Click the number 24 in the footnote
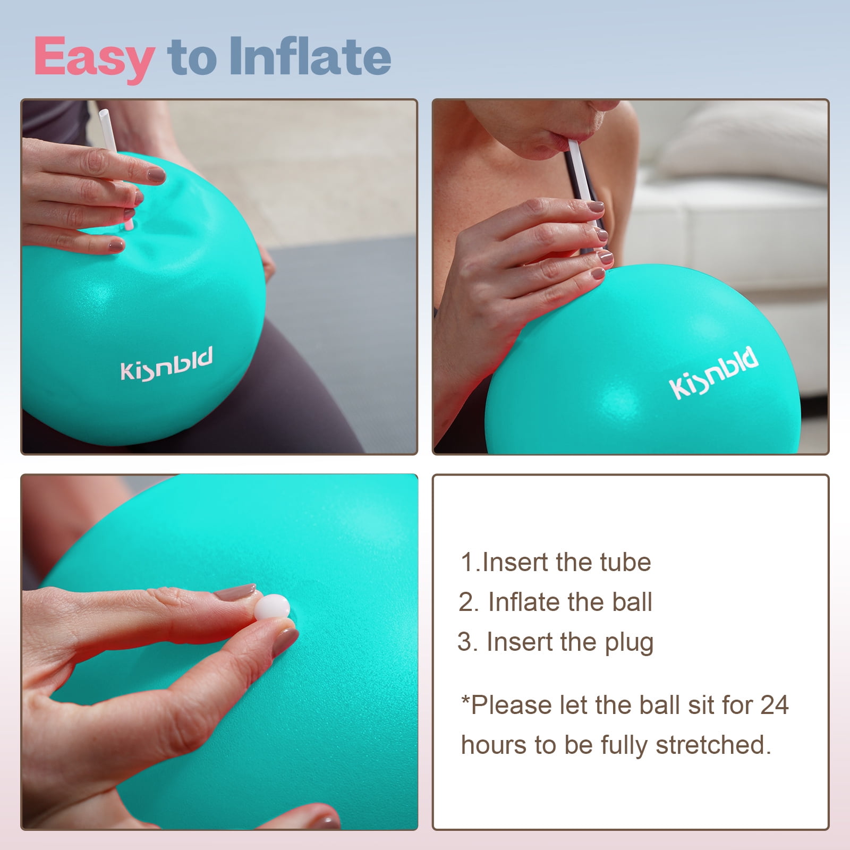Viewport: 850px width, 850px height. tap(775, 705)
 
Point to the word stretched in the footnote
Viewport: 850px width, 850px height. tap(713, 745)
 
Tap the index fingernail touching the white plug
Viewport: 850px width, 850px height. tap(235, 592)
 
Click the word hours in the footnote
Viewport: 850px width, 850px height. tap(495, 745)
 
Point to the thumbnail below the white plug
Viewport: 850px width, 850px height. tap(285, 642)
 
